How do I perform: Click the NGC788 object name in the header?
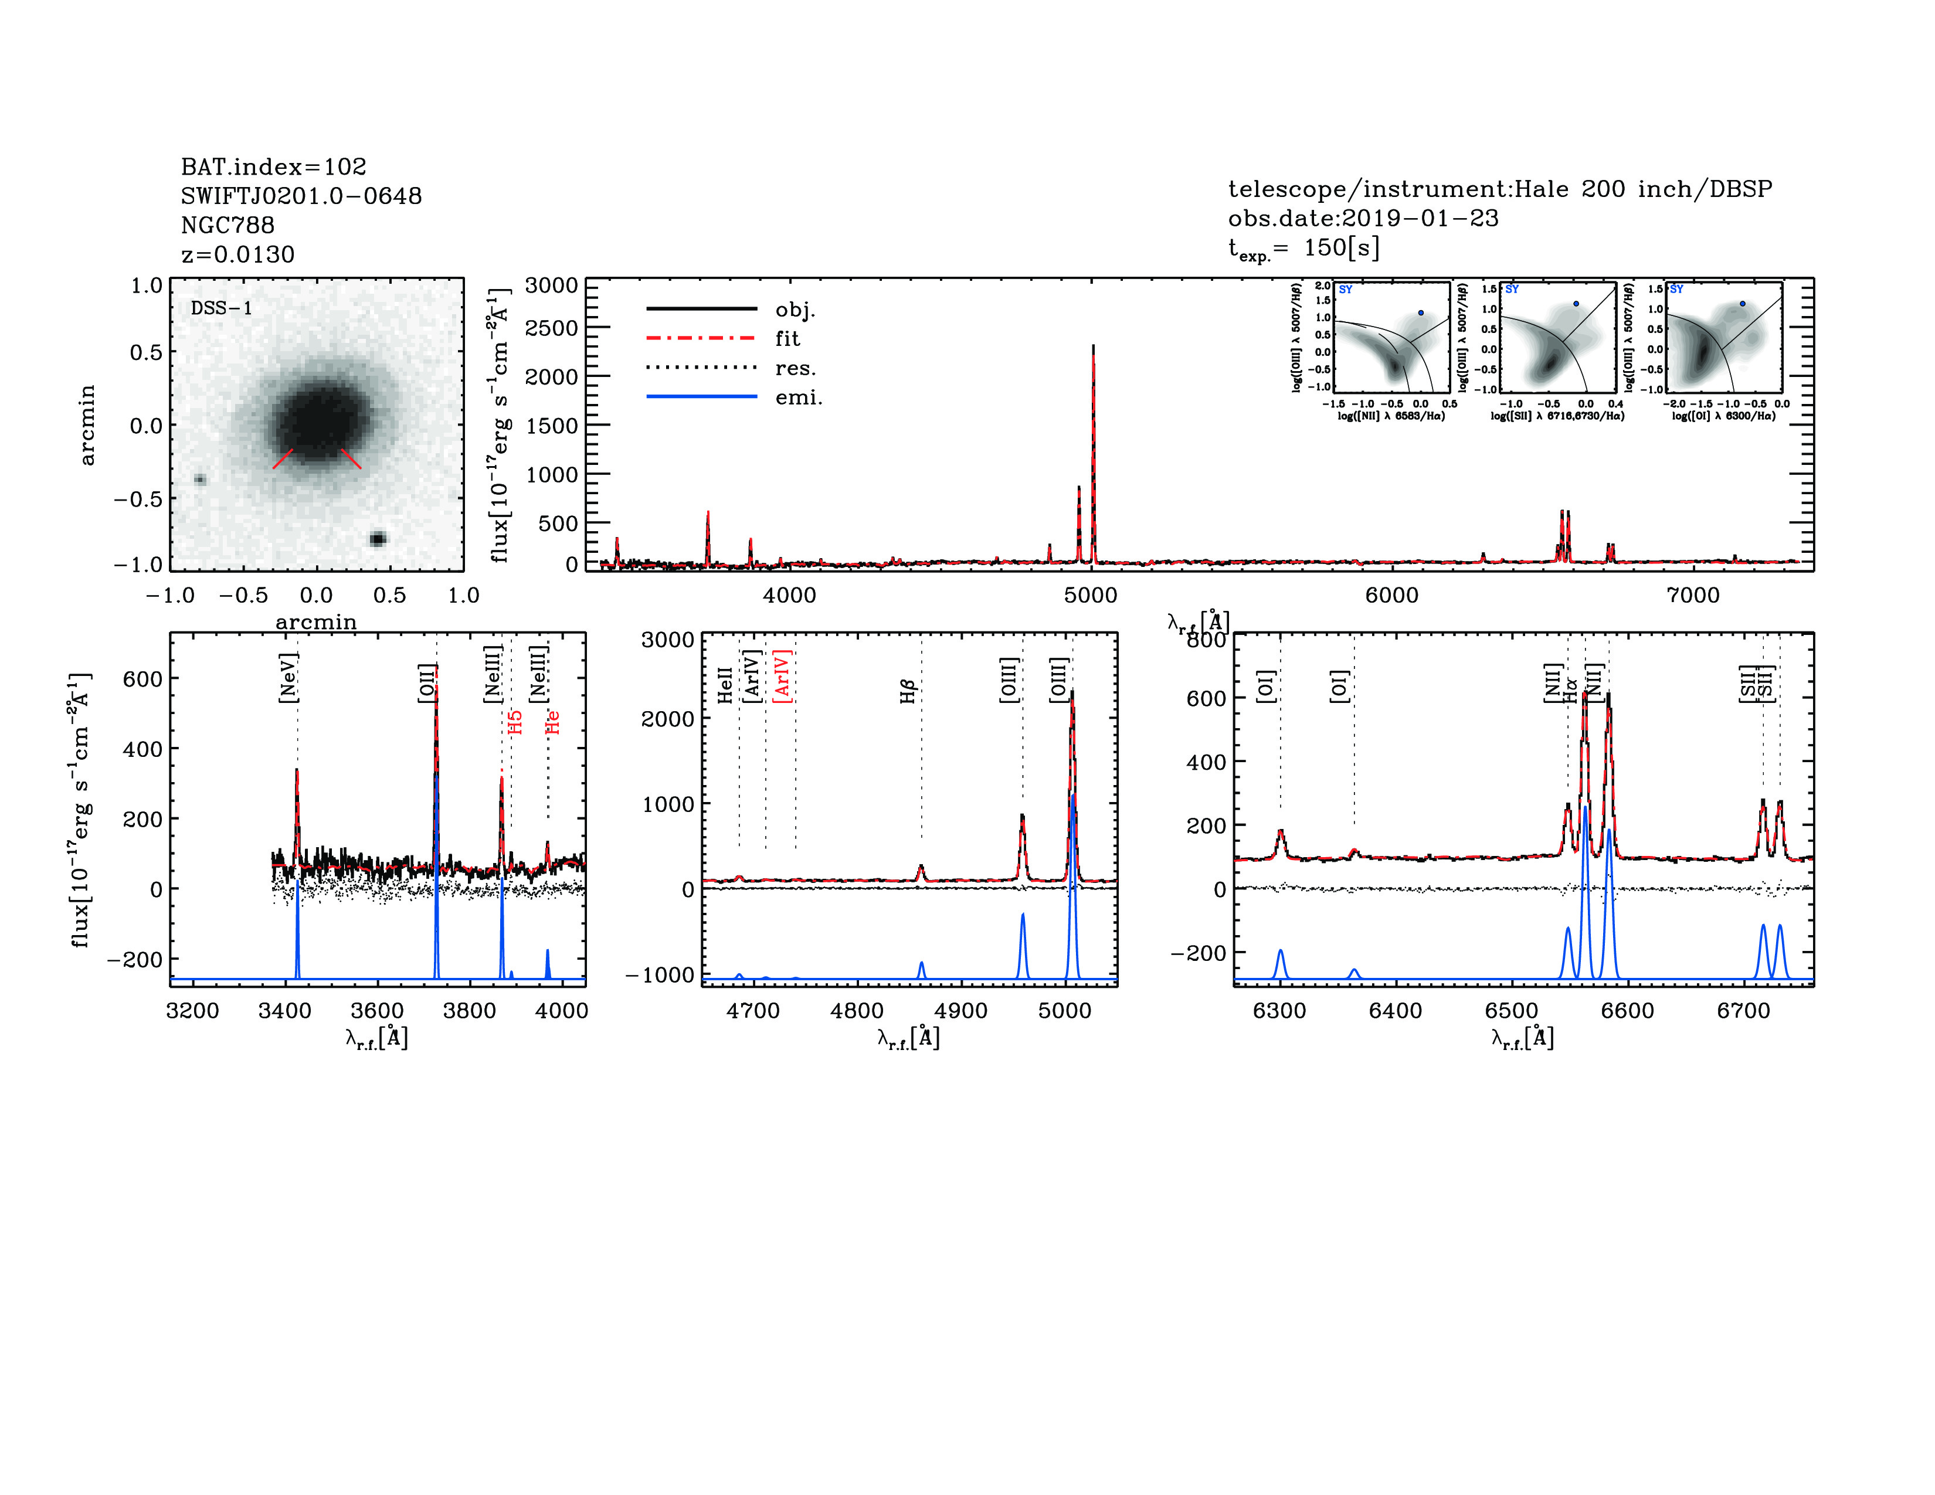click(x=228, y=225)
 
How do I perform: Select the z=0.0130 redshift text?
click(x=237, y=254)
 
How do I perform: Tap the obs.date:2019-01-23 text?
click(x=1363, y=218)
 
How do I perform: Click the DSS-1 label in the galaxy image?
click(x=222, y=308)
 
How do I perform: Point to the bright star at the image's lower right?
click(x=378, y=538)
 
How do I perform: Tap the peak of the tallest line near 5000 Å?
click(x=1094, y=347)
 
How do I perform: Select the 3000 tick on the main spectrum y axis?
click(x=551, y=285)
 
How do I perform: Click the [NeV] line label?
click(x=288, y=678)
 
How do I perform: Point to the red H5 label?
click(x=515, y=722)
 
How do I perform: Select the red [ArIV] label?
click(x=782, y=676)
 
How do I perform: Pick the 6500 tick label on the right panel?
click(x=1512, y=1011)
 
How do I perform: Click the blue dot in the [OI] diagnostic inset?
click(x=1742, y=304)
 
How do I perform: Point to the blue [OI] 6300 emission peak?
click(x=1280, y=950)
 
